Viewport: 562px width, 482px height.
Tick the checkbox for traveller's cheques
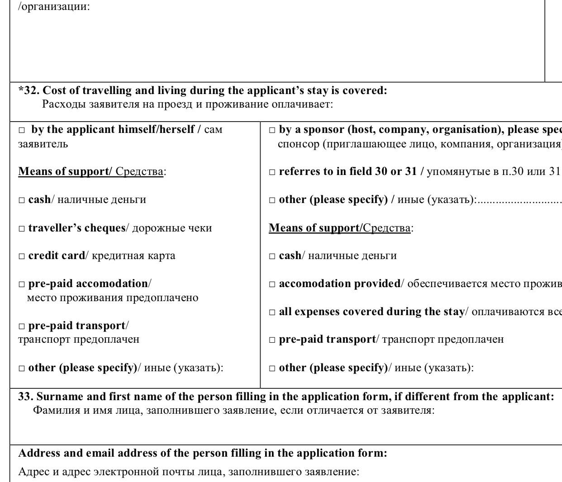tap(21, 228)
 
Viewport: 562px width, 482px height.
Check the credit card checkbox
tap(21, 256)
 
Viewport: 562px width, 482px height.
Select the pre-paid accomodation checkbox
tap(21, 284)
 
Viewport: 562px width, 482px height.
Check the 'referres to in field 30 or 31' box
tap(272, 172)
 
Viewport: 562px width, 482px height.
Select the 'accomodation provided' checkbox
tap(272, 284)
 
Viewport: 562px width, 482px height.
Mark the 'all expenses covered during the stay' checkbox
tap(272, 312)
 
